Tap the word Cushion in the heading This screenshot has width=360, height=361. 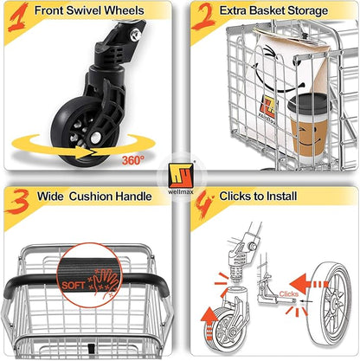click(93, 197)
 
